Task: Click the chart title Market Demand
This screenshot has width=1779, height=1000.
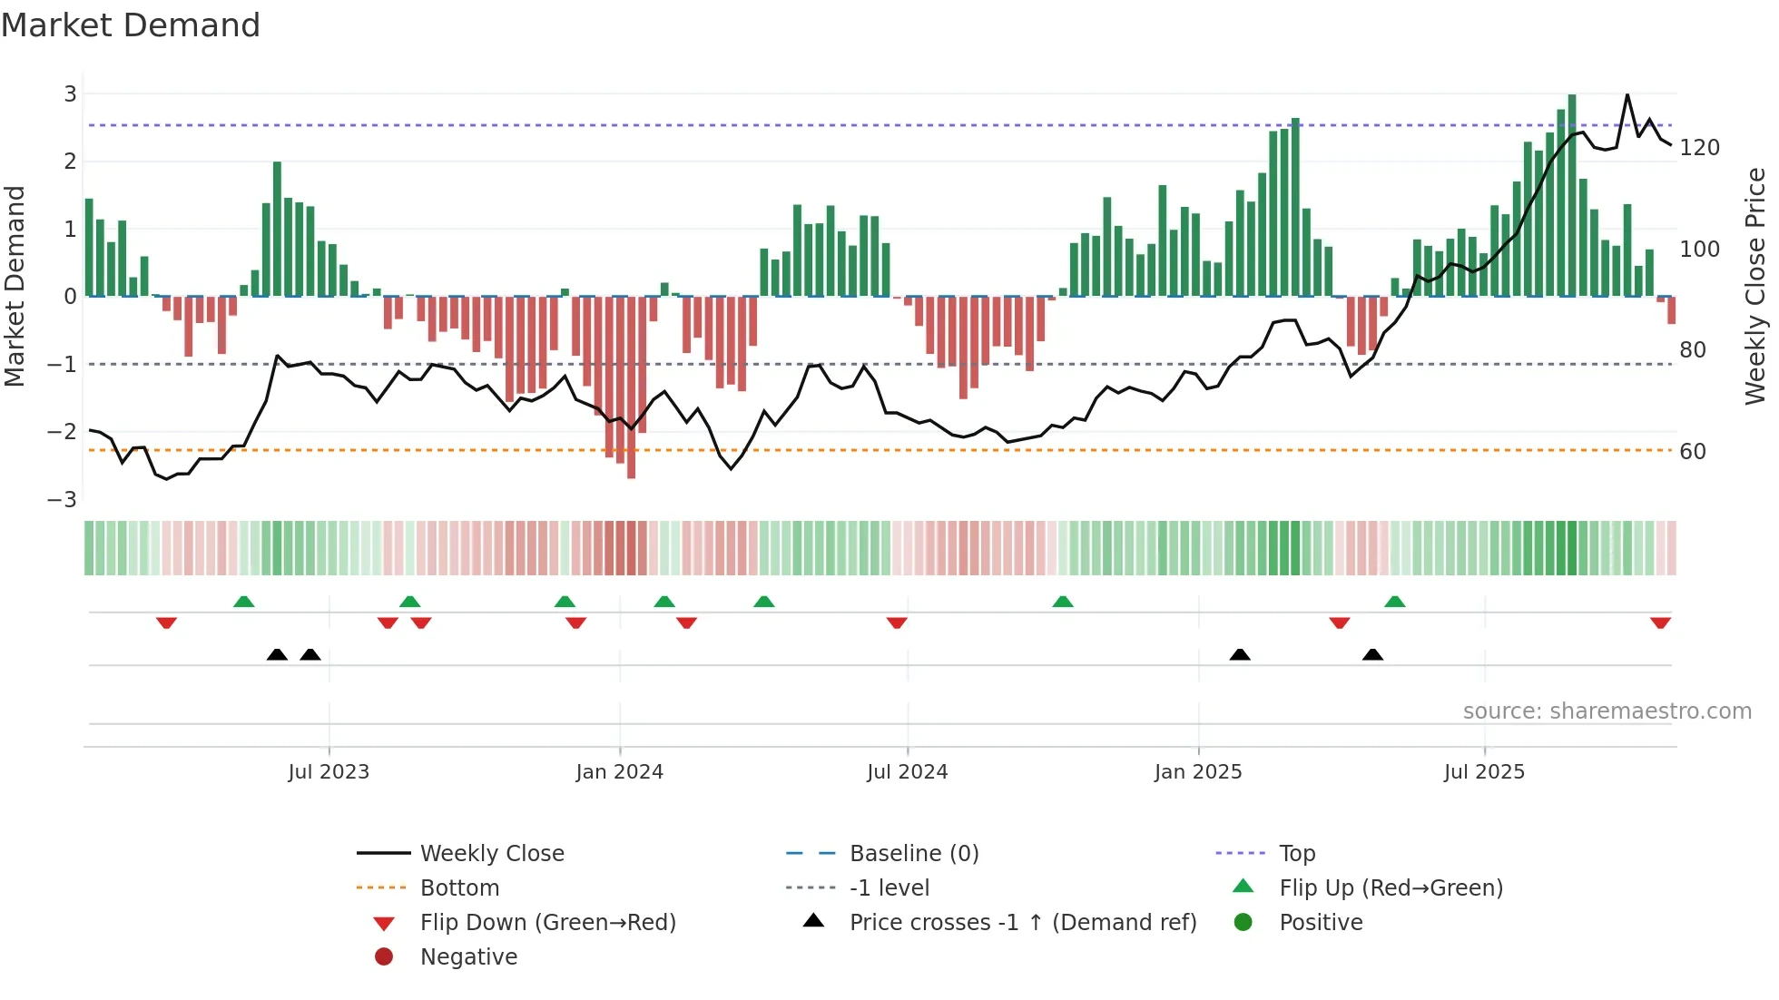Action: [x=131, y=25]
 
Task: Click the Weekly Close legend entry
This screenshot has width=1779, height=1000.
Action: [x=491, y=853]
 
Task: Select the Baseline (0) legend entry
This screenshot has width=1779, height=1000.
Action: [x=913, y=853]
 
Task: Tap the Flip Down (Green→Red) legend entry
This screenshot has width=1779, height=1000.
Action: [x=547, y=922]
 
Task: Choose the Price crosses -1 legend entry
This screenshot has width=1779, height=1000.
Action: [x=1022, y=922]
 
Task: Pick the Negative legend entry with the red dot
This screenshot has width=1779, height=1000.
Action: [x=468, y=956]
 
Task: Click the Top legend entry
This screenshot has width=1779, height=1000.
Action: [x=1296, y=853]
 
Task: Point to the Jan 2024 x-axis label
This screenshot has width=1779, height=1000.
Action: [x=619, y=771]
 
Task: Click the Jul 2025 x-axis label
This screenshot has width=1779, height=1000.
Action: [x=1484, y=771]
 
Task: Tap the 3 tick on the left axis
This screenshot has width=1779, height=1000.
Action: [x=70, y=93]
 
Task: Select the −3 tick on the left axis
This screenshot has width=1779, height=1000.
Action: [x=63, y=499]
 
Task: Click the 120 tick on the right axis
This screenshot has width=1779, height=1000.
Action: [x=1699, y=147]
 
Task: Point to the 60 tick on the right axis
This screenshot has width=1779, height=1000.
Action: [x=1692, y=451]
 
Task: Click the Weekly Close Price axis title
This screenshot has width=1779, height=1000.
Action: [x=1754, y=286]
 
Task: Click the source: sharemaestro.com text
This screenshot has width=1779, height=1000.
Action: [x=1607, y=711]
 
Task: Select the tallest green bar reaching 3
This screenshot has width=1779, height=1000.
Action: [x=1572, y=195]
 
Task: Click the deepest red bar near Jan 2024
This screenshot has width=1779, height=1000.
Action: [x=631, y=387]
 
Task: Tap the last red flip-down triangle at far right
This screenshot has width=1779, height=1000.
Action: [x=1660, y=623]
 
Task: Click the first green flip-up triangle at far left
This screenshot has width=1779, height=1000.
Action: [x=243, y=602]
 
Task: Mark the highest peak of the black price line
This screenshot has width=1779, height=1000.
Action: [x=1627, y=95]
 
